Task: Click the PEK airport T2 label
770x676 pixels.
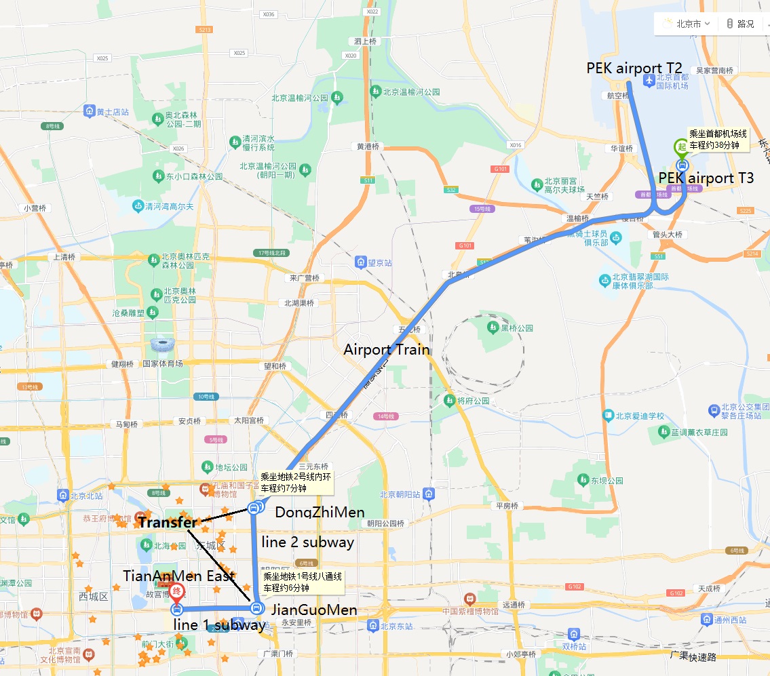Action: coord(634,68)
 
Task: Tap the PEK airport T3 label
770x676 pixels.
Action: coord(706,178)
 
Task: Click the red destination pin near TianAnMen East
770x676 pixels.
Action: coord(176,592)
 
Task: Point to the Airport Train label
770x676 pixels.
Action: coord(387,350)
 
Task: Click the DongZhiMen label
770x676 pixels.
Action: coord(320,513)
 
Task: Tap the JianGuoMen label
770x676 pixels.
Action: coord(313,610)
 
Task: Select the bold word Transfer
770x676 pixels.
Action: coord(168,523)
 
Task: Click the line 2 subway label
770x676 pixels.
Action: coord(308,542)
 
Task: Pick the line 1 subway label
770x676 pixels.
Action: coord(219,625)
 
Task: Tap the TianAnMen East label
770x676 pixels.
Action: coord(179,576)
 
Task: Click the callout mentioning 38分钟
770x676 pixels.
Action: coord(717,140)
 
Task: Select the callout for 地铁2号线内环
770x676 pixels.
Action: coord(296,482)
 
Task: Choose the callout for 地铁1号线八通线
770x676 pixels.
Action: coord(303,582)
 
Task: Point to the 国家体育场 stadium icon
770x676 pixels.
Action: coord(162,346)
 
